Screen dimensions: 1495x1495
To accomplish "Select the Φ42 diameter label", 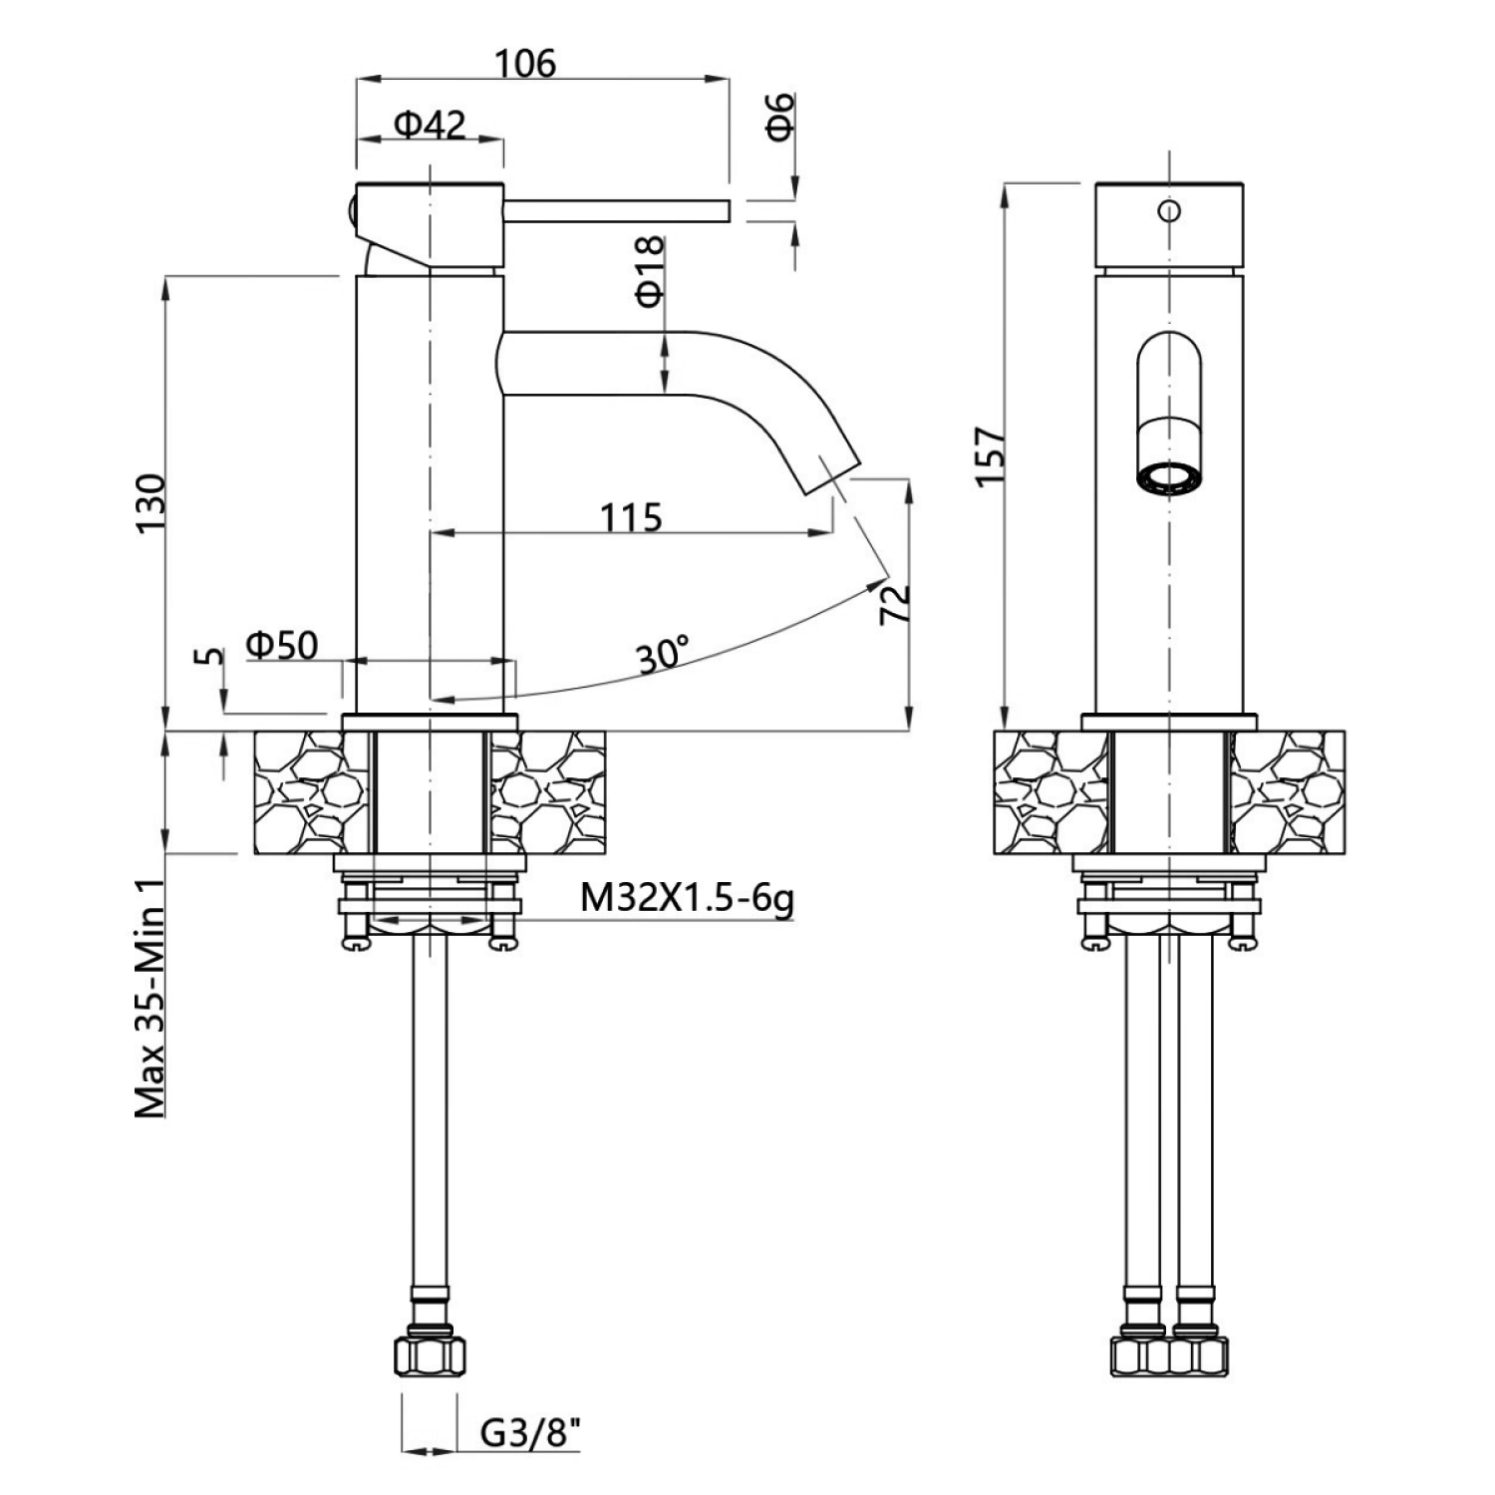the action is [x=430, y=125].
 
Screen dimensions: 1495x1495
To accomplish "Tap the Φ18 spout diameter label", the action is [x=648, y=271].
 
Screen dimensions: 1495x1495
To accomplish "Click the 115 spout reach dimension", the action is [x=631, y=517].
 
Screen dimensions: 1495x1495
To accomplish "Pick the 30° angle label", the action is [x=664, y=656].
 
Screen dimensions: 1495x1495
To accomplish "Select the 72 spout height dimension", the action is [x=894, y=603].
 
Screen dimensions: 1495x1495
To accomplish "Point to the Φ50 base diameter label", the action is [x=282, y=645].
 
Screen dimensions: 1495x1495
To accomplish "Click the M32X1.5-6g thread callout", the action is [x=688, y=900].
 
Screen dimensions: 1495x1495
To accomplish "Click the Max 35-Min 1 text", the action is [x=149, y=997].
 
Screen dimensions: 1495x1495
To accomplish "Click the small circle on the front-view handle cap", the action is [x=1169, y=210].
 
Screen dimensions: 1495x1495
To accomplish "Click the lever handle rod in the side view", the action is [x=617, y=211].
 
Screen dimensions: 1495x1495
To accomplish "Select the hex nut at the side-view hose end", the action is [x=431, y=1354].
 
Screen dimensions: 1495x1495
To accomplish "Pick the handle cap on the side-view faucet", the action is [x=429, y=226].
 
